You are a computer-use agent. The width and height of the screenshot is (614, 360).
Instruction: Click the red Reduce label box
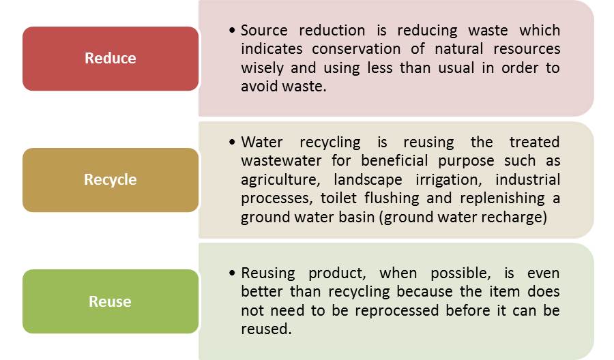111,59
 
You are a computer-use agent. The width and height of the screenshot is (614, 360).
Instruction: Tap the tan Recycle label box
111,180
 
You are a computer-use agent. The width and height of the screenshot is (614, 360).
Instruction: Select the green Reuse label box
111,301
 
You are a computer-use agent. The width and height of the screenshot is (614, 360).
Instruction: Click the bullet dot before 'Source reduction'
232,30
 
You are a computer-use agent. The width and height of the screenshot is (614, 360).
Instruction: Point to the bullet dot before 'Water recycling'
232,142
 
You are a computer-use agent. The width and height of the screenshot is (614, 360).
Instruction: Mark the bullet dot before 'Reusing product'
232,273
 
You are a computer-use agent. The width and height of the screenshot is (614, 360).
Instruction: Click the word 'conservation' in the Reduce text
356,49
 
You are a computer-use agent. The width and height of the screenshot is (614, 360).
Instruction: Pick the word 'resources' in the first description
527,49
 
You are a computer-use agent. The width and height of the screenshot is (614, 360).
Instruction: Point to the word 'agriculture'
280,180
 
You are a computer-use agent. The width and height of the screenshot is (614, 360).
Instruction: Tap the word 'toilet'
338,198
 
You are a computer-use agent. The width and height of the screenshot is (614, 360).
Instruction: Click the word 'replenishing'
502,199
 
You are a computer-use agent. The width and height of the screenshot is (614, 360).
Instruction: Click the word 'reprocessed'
396,311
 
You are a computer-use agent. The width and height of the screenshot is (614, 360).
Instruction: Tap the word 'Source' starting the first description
264,31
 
